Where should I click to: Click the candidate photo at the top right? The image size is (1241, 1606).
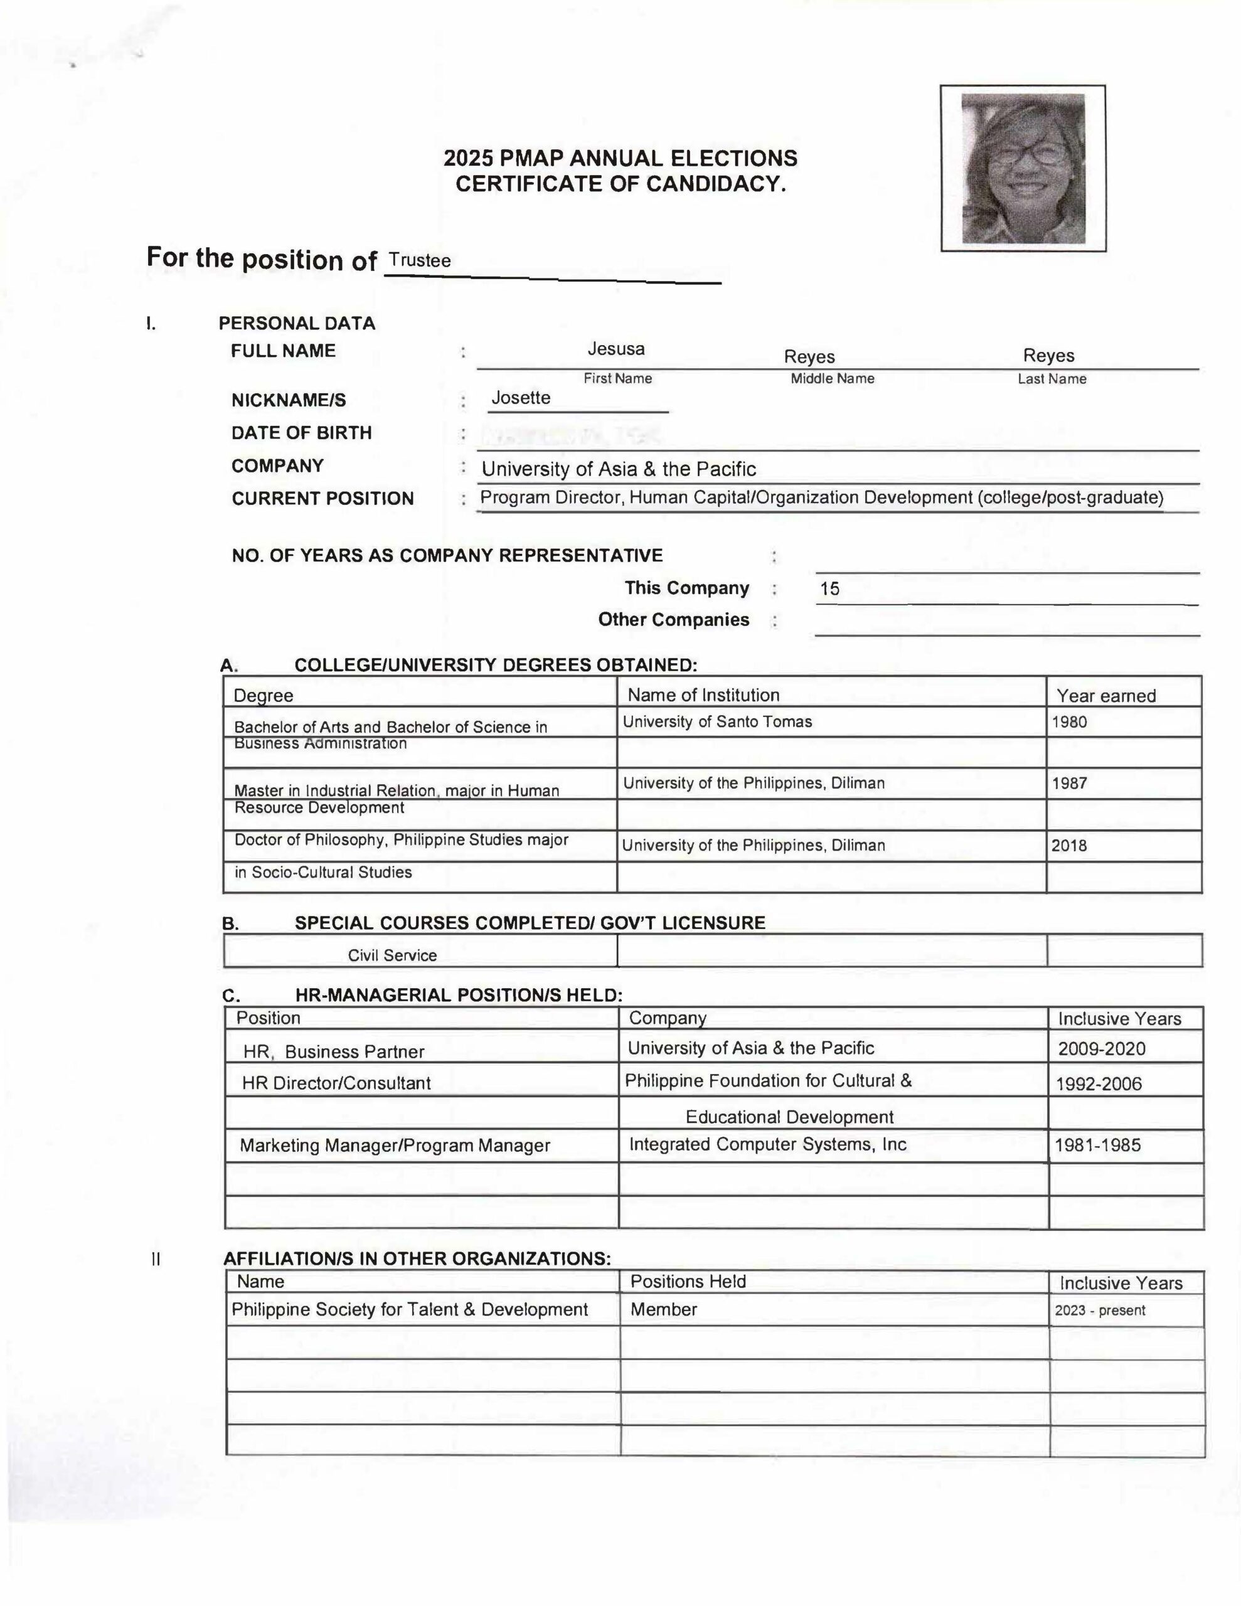[x=1023, y=168]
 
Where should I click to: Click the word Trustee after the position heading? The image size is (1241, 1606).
[x=419, y=260]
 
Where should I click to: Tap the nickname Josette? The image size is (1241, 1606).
[x=521, y=398]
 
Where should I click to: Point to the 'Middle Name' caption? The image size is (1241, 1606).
[x=832, y=379]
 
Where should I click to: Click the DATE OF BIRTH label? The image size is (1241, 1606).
[x=302, y=433]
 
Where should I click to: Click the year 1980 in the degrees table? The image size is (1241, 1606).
[x=1069, y=722]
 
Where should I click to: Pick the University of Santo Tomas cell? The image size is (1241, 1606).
[x=717, y=722]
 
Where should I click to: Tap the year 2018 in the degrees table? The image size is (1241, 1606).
[x=1069, y=846]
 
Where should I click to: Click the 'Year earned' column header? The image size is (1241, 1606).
[x=1105, y=696]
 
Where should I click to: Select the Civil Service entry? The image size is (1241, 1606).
[x=392, y=955]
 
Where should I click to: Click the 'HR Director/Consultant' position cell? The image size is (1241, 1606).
[x=336, y=1083]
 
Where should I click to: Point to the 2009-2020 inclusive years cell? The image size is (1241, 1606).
[x=1101, y=1049]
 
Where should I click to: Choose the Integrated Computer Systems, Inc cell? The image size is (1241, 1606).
[x=767, y=1144]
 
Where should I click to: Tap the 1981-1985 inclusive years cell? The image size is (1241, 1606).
[x=1097, y=1145]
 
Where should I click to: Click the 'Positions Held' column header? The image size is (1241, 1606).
[x=688, y=1282]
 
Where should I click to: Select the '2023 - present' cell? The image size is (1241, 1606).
[x=1100, y=1311]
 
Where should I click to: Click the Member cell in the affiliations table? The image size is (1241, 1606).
[x=664, y=1310]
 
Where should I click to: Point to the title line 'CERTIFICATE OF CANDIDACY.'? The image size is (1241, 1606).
[x=621, y=184]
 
